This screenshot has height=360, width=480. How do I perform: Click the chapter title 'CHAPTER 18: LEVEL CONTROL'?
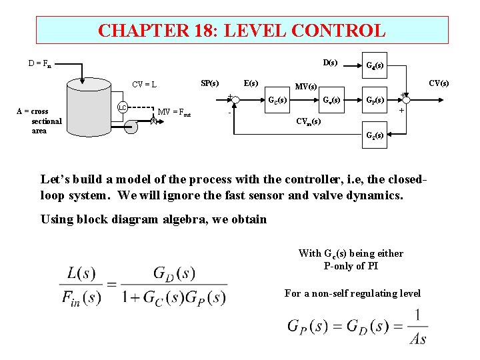[241, 31]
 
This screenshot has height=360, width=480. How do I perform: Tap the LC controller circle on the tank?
[122, 107]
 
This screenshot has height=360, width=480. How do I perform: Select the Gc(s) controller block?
[277, 101]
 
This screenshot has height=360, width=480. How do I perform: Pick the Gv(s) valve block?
[331, 101]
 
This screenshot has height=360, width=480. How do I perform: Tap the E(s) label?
[251, 83]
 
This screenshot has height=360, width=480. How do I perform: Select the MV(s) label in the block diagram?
[307, 87]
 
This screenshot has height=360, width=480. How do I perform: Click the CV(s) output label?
[439, 83]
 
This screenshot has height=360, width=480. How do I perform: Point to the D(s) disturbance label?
[330, 63]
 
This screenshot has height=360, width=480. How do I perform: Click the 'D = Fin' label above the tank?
[39, 64]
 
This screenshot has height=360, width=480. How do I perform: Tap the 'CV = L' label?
[144, 85]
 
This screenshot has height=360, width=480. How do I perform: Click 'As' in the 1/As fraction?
[417, 339]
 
